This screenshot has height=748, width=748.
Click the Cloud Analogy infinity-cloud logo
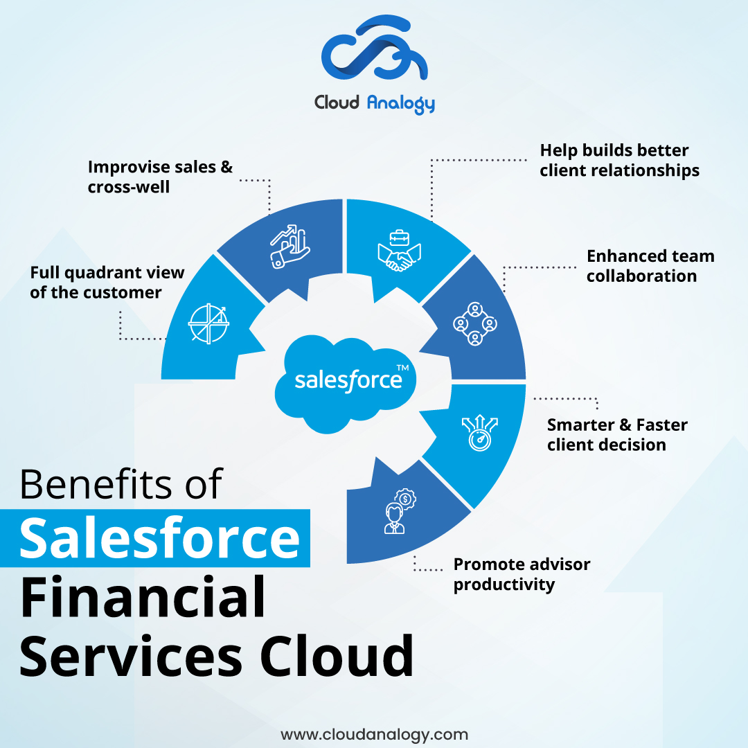coord(374,51)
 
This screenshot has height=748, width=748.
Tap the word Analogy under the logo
coord(401,104)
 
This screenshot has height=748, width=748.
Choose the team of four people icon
coord(475,323)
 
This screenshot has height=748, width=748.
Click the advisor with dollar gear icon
coord(398,511)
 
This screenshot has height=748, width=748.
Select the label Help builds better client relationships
coord(619,160)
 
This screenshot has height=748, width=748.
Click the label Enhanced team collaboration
coord(650,266)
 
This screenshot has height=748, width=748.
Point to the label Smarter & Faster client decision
coord(617,434)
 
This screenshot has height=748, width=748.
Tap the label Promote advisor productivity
coord(522,574)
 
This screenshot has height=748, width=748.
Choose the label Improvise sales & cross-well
coord(160,177)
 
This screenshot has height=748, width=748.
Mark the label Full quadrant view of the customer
coord(107,283)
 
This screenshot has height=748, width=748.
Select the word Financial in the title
coord(143,597)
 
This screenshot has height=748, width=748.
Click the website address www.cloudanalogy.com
coord(374,734)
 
